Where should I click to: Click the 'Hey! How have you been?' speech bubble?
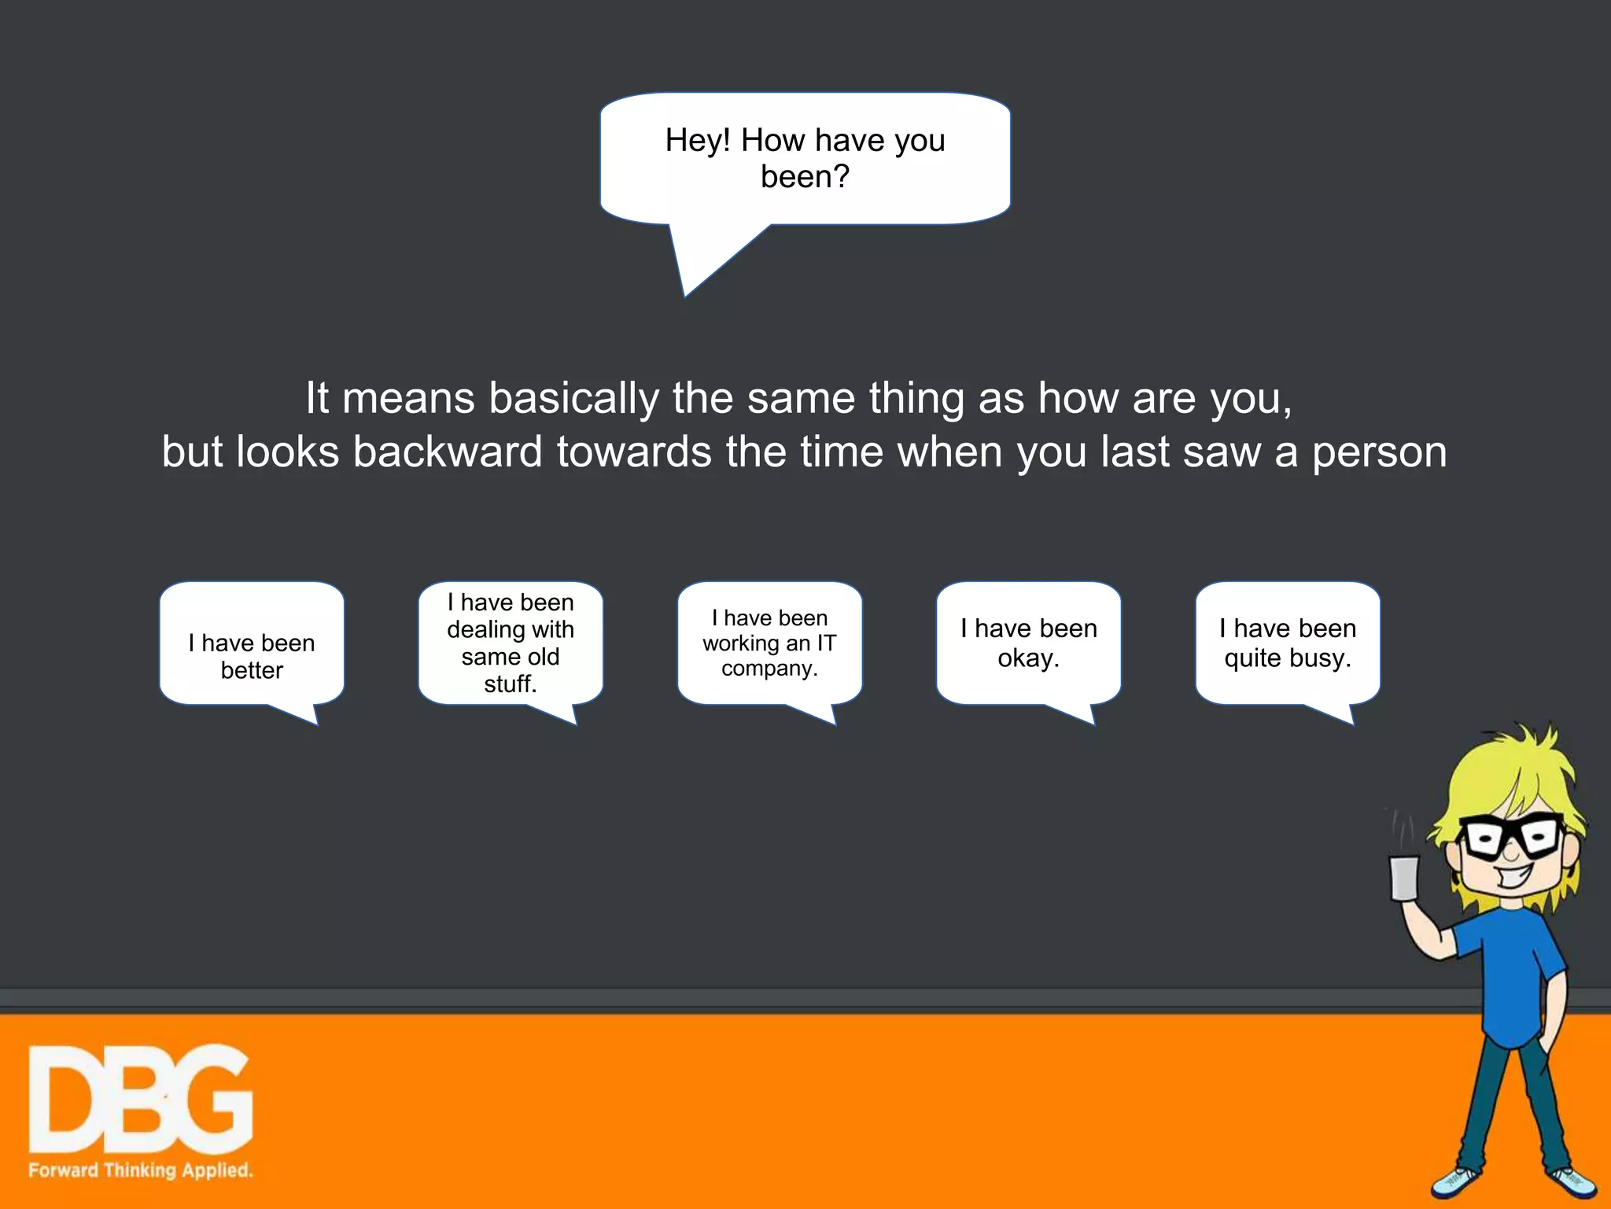tap(805, 158)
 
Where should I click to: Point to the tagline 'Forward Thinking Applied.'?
tap(141, 1170)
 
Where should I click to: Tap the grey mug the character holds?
tap(1404, 878)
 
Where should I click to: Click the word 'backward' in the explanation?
tap(447, 452)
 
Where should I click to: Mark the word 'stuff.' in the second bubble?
tap(511, 684)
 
